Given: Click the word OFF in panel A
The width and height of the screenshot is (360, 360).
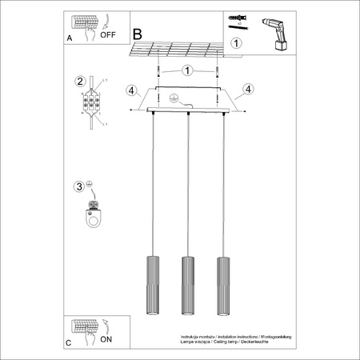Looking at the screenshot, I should pos(106,34).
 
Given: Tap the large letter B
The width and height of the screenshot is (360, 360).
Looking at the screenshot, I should pos(137,34).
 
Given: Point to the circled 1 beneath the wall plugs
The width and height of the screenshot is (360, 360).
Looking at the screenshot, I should pos(235,44).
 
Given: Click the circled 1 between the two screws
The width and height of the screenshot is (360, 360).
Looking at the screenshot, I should pos(186,70).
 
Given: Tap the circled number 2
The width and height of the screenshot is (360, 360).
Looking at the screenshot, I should pos(79,81).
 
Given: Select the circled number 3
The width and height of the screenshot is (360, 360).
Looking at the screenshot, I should pos(79,187).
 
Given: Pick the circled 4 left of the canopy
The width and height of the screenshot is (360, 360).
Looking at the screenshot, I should pos(130,90).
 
